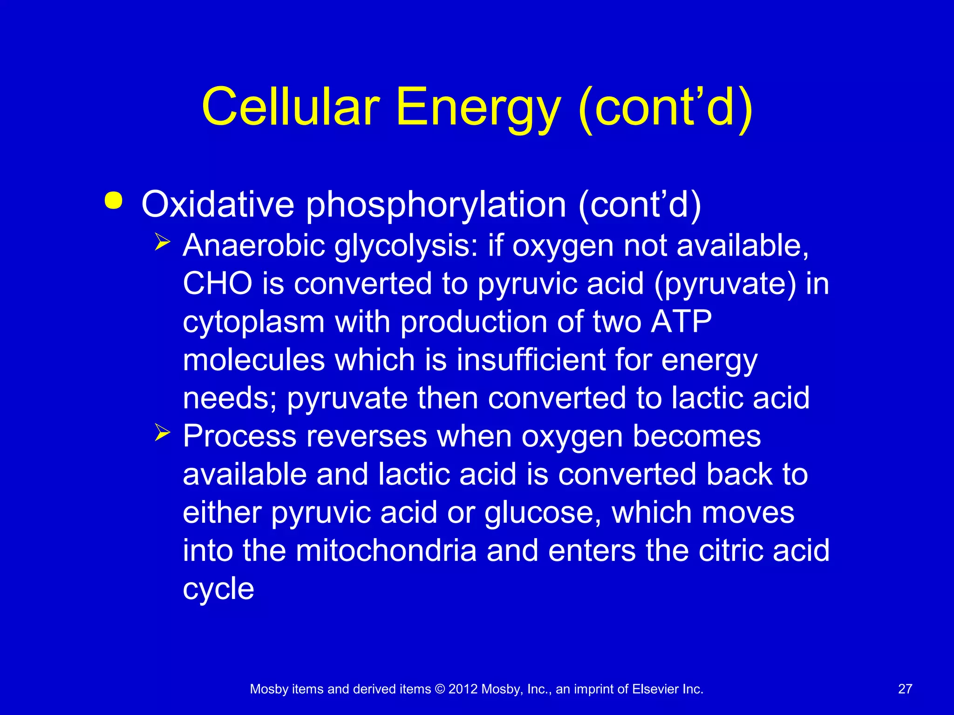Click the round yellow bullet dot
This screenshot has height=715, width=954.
pos(114,201)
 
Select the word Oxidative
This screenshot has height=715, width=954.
pos(218,204)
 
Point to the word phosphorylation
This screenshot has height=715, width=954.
pos(436,205)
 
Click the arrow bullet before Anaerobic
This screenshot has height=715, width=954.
pos(163,242)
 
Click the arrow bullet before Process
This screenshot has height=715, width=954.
pos(163,433)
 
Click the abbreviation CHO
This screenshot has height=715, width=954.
pos(217,283)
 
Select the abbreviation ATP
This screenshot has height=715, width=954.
pos(681,322)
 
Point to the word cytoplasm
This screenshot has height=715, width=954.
pos(253,323)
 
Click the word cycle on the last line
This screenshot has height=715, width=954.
pos(218,589)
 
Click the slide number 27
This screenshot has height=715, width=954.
pos(905,689)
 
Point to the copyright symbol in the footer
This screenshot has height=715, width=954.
pos(440,689)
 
